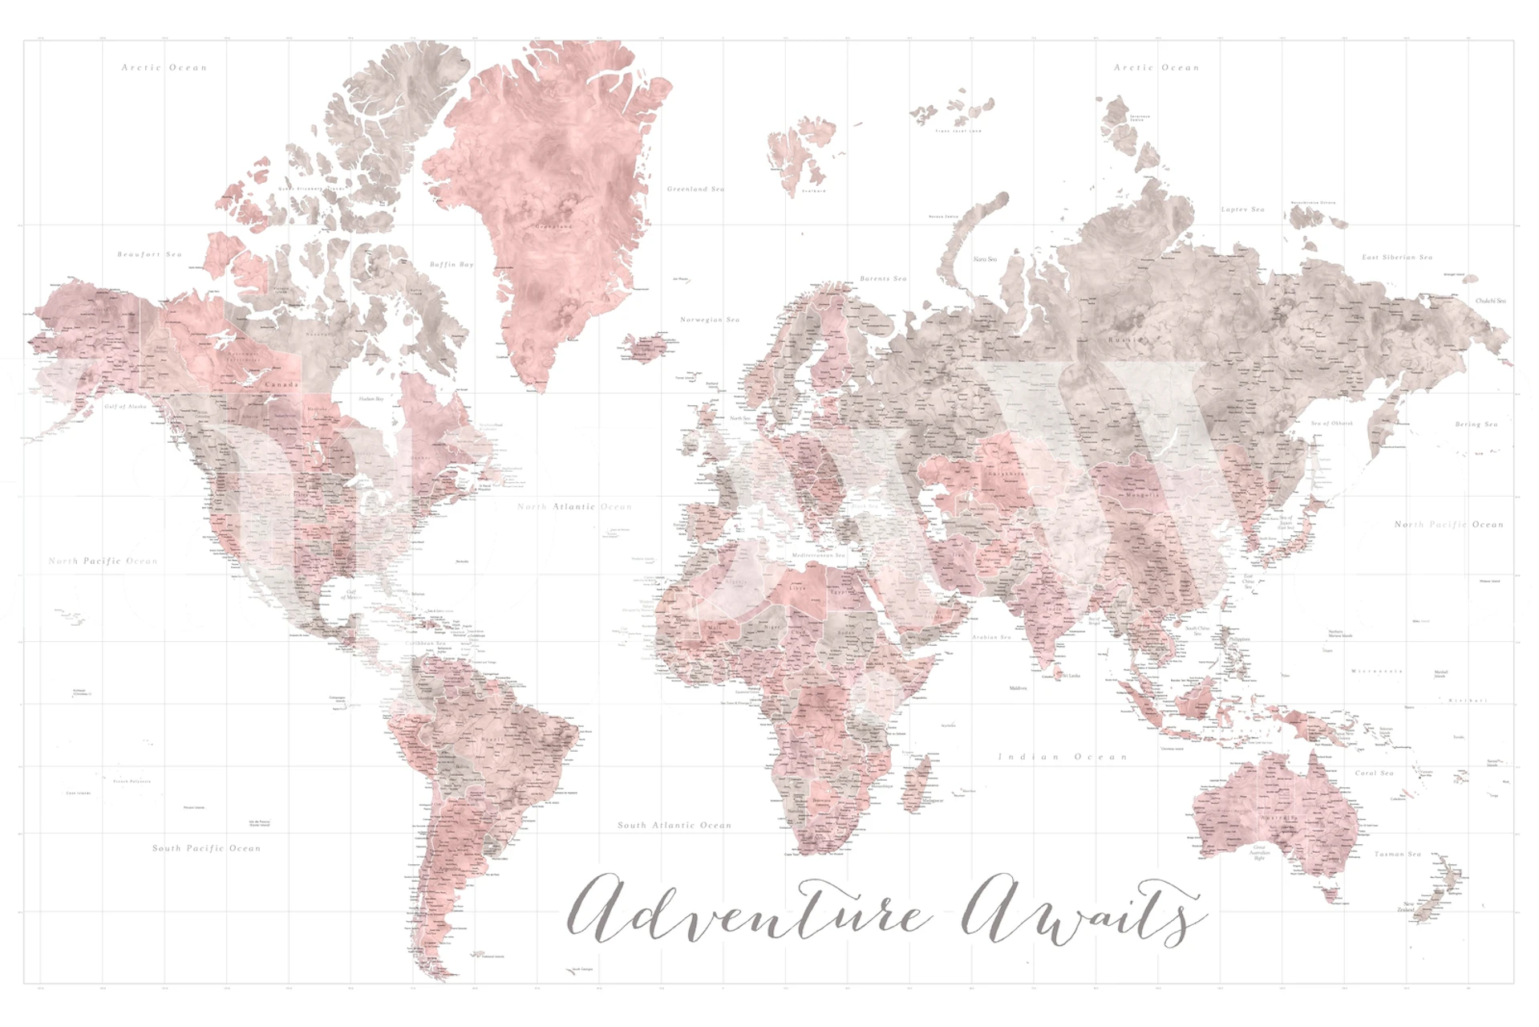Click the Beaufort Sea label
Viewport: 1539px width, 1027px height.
point(149,254)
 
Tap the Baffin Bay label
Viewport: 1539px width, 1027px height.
point(452,264)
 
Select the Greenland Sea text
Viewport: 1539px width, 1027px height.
point(695,189)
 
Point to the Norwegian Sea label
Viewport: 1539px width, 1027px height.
point(710,319)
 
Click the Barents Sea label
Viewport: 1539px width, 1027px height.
point(883,278)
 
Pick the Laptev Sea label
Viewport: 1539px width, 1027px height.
point(1242,209)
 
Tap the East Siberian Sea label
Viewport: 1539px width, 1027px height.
point(1396,258)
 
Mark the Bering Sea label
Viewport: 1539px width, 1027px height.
point(1476,424)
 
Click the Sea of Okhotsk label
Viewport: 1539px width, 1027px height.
point(1331,423)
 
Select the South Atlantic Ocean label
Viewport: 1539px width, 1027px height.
point(674,825)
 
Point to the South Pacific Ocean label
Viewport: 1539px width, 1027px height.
point(206,848)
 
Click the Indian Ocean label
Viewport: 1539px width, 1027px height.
point(1063,757)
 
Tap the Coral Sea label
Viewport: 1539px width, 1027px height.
point(1374,773)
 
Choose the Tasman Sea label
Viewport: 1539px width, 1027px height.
point(1397,854)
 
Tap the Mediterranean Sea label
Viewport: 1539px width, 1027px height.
point(818,555)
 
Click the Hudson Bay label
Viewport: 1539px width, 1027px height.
point(371,399)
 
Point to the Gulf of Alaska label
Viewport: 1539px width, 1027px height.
point(126,407)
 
